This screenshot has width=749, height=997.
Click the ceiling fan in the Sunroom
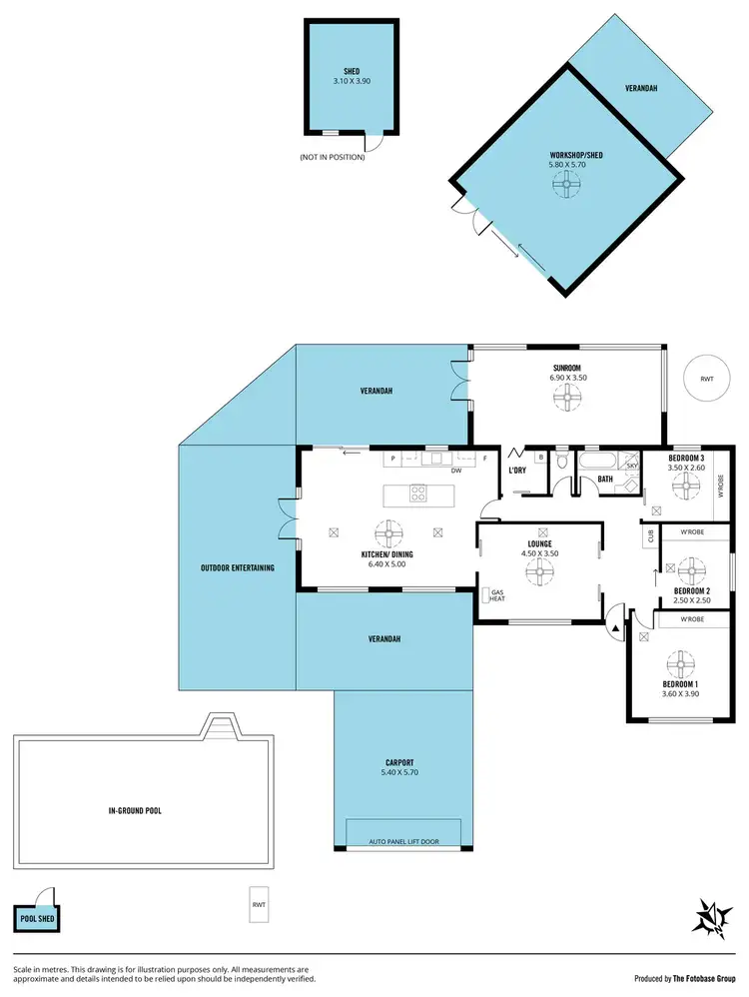pyautogui.click(x=566, y=399)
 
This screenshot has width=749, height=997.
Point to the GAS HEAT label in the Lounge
pyautogui.click(x=496, y=596)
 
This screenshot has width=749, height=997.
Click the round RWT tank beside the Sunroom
pyautogui.click(x=707, y=379)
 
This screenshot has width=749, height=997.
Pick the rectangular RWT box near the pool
pyautogui.click(x=260, y=906)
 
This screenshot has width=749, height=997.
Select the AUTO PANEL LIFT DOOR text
pyautogui.click(x=403, y=841)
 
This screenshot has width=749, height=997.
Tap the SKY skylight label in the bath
pyautogui.click(x=631, y=467)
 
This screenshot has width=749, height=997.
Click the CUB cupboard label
pyautogui.click(x=650, y=535)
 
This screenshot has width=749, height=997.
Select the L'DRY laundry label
pyautogui.click(x=517, y=470)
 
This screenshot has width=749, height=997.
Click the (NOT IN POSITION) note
pyautogui.click(x=332, y=158)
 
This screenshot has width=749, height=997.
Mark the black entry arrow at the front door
pyautogui.click(x=612, y=625)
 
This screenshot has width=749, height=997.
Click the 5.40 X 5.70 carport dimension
pyautogui.click(x=403, y=772)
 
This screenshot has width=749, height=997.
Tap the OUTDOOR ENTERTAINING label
pyautogui.click(x=237, y=568)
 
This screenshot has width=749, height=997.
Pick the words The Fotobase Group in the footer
pyautogui.click(x=705, y=979)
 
